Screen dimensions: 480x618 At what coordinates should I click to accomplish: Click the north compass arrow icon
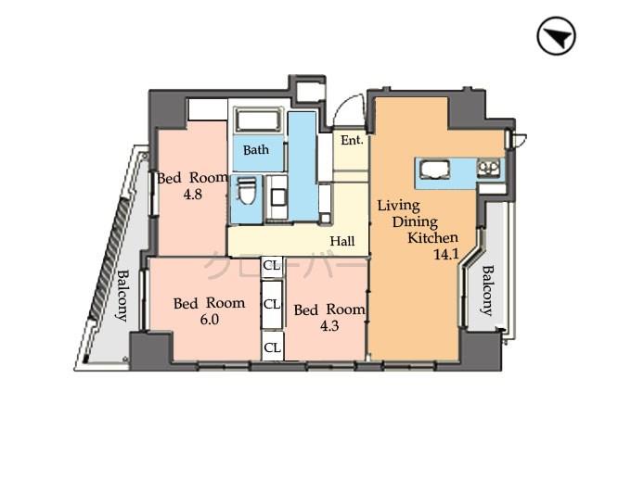coord(557,37)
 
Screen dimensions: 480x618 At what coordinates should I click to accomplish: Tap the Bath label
coord(256,150)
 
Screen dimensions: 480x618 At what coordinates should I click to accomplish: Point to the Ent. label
coord(351,141)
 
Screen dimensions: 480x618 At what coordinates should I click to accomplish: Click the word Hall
coord(342,241)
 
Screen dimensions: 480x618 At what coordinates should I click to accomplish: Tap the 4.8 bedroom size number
coord(192,195)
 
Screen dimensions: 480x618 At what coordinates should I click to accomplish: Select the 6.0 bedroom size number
coord(209,320)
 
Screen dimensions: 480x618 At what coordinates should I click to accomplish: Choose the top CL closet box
coord(272,266)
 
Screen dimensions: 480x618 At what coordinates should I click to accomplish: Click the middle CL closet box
coord(272,304)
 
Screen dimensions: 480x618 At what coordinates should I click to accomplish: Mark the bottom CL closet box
coord(272,347)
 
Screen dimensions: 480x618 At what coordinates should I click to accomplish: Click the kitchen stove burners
coord(488,169)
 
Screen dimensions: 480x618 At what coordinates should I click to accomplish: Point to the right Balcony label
coord(486,291)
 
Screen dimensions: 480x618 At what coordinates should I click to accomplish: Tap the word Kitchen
coord(431,237)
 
